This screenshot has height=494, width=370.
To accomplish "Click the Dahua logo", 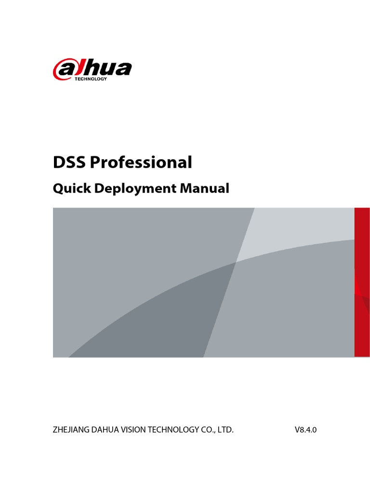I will pyautogui.click(x=92, y=70).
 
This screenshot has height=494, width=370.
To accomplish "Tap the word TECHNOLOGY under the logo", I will pyautogui.click(x=91, y=79).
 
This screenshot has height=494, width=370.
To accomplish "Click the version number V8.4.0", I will pyautogui.click(x=305, y=430).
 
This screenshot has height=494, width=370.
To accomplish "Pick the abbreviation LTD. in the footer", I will pyautogui.click(x=225, y=430).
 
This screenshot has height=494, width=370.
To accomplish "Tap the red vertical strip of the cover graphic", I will pyautogui.click(x=362, y=282).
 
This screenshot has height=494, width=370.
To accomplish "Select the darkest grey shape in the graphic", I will pyautogui.click(x=159, y=318).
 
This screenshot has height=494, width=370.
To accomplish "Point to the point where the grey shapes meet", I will pyautogui.click(x=236, y=262).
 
